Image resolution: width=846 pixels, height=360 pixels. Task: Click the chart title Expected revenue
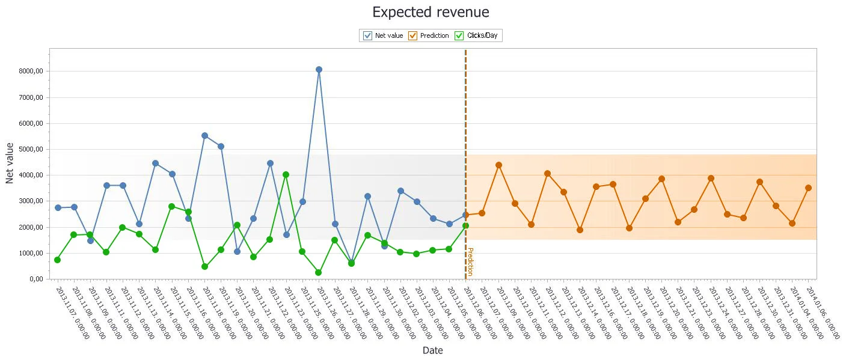point(431,12)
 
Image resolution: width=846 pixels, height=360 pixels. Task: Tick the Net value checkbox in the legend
point(367,35)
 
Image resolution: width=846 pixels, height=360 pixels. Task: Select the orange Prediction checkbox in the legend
point(413,35)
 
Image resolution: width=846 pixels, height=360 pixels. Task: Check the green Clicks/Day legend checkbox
point(459,35)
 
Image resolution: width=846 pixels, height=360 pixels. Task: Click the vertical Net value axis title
point(10,163)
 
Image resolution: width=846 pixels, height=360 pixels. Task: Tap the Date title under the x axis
point(432,350)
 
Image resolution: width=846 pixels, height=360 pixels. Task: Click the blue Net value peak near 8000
point(319,70)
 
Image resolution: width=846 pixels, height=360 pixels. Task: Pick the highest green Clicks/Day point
point(286,174)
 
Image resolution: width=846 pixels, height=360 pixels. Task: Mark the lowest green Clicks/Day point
point(319,272)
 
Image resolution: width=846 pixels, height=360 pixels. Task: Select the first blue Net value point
point(58,208)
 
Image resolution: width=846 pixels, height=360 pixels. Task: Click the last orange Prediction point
point(808,188)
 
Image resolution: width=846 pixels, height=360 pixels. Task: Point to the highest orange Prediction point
point(498,165)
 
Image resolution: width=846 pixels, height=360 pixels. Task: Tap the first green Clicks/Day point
point(58,260)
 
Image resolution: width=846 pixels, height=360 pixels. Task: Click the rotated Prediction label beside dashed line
point(470,261)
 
